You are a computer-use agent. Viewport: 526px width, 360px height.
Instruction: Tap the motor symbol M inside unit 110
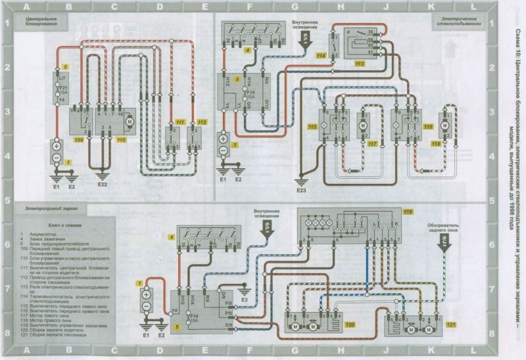129,121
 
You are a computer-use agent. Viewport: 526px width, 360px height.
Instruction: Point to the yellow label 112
201,123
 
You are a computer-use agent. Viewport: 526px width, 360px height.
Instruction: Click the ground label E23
301,191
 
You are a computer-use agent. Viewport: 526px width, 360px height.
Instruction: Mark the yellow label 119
408,212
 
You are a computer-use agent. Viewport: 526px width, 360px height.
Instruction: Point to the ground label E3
244,300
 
